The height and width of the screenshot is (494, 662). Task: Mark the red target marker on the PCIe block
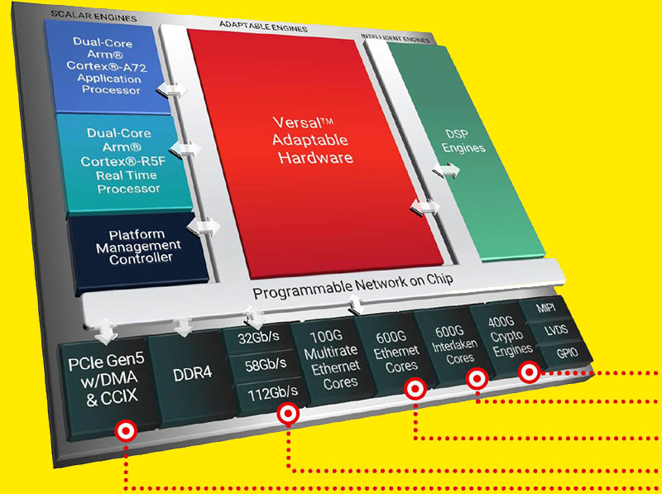pos(126,429)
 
